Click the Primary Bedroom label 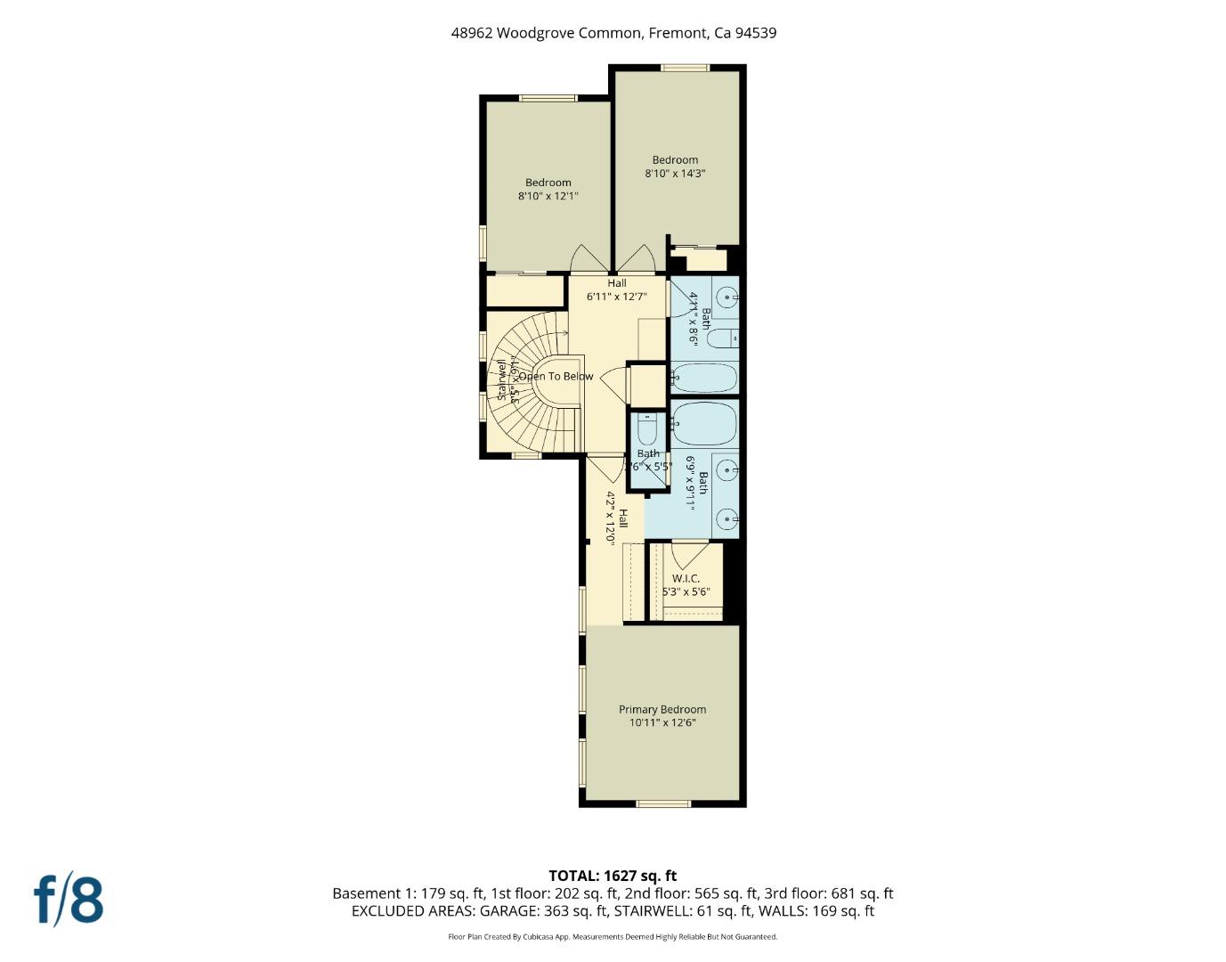click(662, 710)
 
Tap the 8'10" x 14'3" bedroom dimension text click(675, 174)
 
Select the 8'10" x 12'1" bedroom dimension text click(548, 196)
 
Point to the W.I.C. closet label click(686, 579)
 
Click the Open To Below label click(556, 377)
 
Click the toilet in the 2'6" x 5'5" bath click(647, 430)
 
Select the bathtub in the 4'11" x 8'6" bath click(704, 378)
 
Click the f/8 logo click(69, 900)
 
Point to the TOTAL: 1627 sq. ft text click(613, 876)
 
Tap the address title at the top click(613, 33)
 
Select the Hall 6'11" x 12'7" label click(616, 290)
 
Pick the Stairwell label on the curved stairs click(501, 380)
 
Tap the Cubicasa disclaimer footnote click(613, 937)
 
